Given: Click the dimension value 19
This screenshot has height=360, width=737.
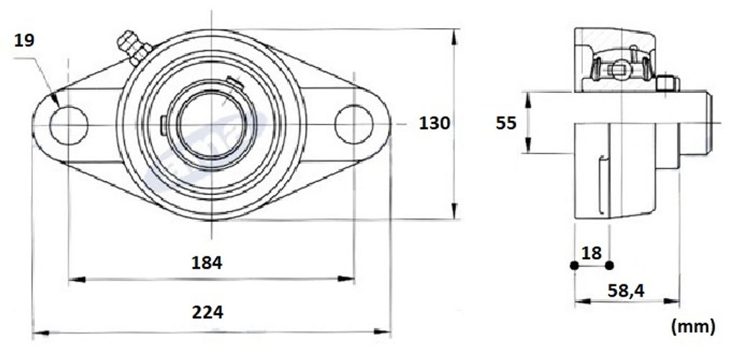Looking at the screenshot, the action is click(x=24, y=40).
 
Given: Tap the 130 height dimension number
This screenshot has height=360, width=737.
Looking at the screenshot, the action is click(x=434, y=123).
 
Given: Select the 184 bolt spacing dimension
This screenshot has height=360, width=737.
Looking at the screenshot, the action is click(x=207, y=263).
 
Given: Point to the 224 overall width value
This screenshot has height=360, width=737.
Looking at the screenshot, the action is click(x=207, y=312).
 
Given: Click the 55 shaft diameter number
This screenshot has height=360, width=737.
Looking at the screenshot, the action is click(x=506, y=123).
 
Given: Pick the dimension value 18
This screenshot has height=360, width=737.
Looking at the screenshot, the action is click(x=592, y=253).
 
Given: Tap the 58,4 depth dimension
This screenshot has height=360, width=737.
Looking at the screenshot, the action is click(x=626, y=291).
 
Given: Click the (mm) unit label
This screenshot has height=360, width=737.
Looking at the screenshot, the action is click(x=694, y=326).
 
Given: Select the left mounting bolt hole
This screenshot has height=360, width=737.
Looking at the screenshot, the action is click(x=68, y=125).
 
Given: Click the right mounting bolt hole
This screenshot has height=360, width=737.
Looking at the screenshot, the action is click(x=354, y=125).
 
